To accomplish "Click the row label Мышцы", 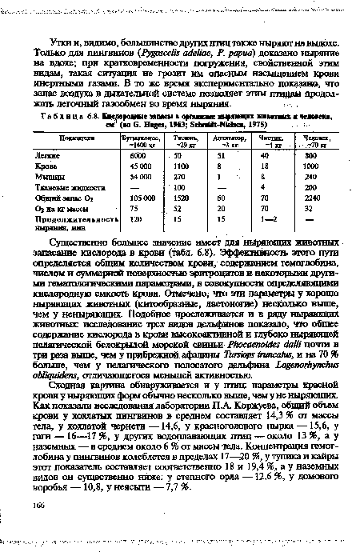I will click(x=50, y=198).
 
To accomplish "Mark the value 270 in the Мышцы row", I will click(x=180, y=198).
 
